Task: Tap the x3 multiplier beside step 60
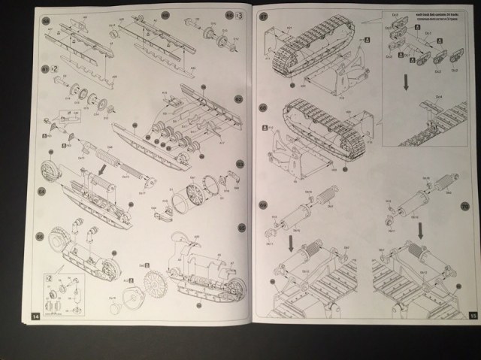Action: coord(239,14)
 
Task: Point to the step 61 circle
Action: coord(45,68)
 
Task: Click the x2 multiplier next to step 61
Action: coord(56,68)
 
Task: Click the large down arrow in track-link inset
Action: coord(405,82)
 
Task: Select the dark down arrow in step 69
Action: coord(292,243)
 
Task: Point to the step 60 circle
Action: coord(228,14)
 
